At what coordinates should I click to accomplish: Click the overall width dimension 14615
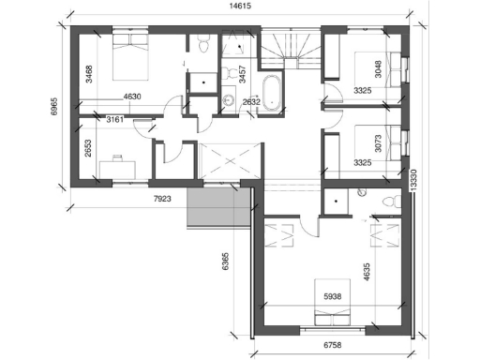(242, 6)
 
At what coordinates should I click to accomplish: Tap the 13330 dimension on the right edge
(414, 181)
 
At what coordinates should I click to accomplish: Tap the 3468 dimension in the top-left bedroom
(88, 73)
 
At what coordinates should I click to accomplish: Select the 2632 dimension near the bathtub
(251, 101)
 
